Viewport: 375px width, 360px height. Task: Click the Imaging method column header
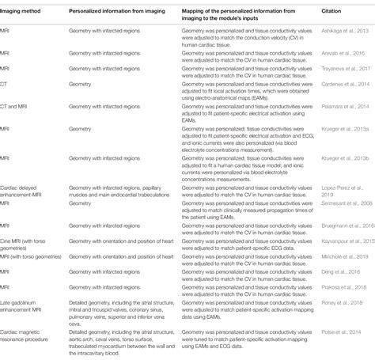click(22, 13)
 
